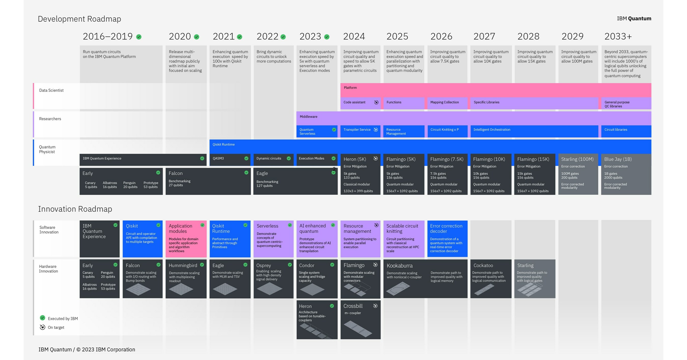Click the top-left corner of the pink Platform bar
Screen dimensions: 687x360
pos(341,83)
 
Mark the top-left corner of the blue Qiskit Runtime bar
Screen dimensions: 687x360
pos(210,140)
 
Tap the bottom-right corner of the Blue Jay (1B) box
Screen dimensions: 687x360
pos(651,195)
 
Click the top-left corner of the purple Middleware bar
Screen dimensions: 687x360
pos(297,112)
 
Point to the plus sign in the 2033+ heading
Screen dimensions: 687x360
pos(629,36)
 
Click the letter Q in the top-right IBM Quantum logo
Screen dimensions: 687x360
pos(630,19)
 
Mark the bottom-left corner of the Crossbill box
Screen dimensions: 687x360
pos(341,339)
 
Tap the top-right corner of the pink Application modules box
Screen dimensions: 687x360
pos(206,220)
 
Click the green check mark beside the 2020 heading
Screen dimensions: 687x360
pos(197,37)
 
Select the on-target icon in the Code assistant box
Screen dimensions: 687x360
pos(376,102)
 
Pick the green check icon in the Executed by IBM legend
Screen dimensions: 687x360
pos(43,317)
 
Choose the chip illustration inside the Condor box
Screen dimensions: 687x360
pos(312,289)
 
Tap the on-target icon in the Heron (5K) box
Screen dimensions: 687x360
pos(375,158)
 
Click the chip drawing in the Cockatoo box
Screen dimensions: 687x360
pos(484,289)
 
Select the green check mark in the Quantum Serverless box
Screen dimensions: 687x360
pos(334,130)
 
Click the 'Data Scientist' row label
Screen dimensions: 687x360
pos(51,90)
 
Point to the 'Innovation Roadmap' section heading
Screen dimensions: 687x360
pos(75,209)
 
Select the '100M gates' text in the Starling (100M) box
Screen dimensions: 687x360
pos(570,174)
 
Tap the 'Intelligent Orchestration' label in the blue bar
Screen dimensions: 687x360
pos(492,130)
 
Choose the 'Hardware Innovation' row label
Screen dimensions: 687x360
pos(49,269)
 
